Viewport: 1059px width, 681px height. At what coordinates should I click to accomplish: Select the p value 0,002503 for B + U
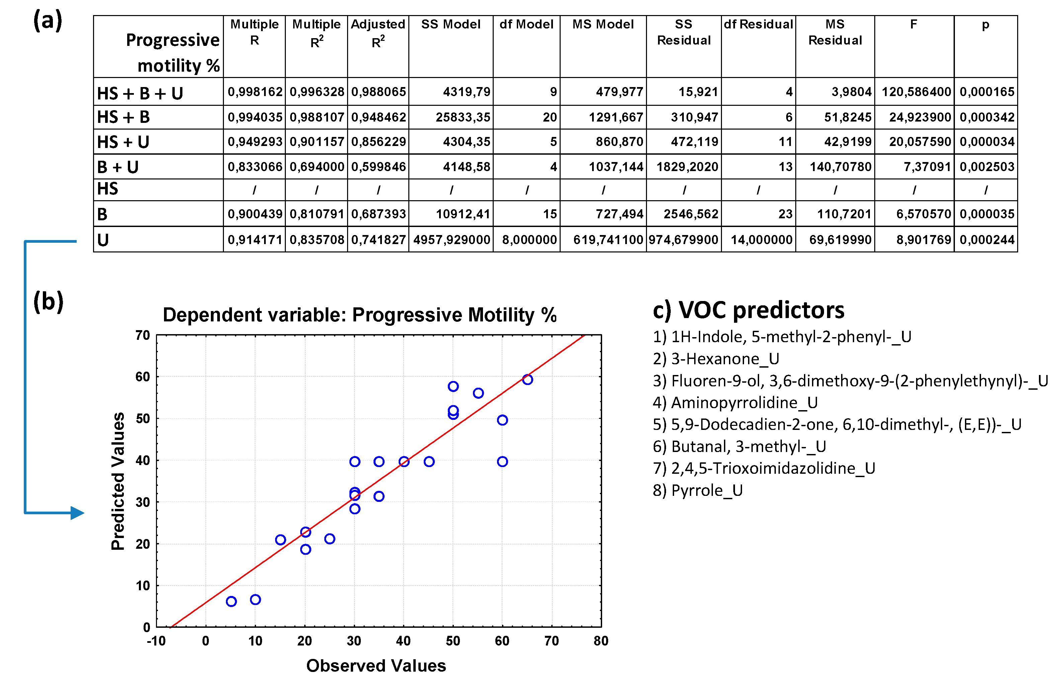986,167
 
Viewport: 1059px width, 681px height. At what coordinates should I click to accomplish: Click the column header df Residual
758,24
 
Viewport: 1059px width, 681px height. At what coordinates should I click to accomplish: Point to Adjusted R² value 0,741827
378,240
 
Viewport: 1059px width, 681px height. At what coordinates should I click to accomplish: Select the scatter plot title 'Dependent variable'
359,315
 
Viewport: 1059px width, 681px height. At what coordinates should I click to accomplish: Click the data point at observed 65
527,379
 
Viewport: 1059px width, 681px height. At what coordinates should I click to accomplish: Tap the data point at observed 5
231,601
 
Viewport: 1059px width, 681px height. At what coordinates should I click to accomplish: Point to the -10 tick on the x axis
156,641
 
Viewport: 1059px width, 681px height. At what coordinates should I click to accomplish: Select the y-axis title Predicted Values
117,481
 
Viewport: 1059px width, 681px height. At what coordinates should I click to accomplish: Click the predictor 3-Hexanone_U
716,359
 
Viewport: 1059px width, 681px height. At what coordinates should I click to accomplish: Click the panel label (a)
48,20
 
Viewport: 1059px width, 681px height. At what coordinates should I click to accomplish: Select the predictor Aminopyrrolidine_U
735,402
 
